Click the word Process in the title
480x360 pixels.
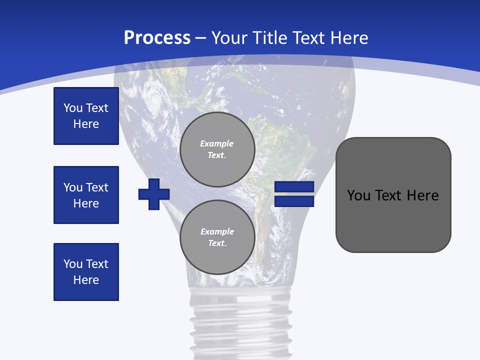[x=157, y=38]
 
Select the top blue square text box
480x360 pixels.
[x=86, y=116]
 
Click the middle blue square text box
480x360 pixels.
[x=86, y=195]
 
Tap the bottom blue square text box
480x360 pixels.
[x=86, y=272]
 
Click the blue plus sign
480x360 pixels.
[x=154, y=194]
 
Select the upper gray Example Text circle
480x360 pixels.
[x=217, y=149]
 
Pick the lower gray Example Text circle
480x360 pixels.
[x=217, y=237]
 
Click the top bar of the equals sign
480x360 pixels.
[x=294, y=187]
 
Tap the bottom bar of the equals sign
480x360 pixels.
[x=294, y=201]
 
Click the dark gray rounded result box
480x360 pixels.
[x=393, y=220]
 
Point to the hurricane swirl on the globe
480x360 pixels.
[x=153, y=101]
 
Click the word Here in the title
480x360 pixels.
[x=349, y=38]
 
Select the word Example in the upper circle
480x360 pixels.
[x=216, y=143]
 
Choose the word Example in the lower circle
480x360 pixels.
[x=217, y=231]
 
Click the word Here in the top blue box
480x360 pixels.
[x=86, y=124]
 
